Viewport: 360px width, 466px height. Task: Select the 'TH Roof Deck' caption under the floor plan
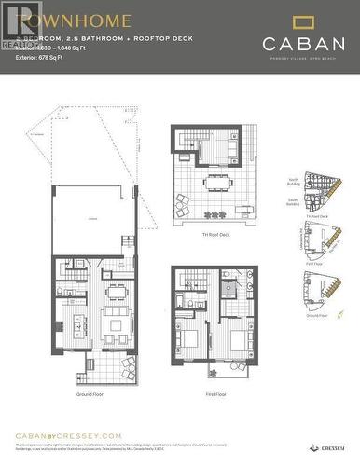(215, 235)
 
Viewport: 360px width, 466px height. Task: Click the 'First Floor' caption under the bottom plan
(216, 394)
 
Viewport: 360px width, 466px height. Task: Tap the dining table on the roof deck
(220, 184)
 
